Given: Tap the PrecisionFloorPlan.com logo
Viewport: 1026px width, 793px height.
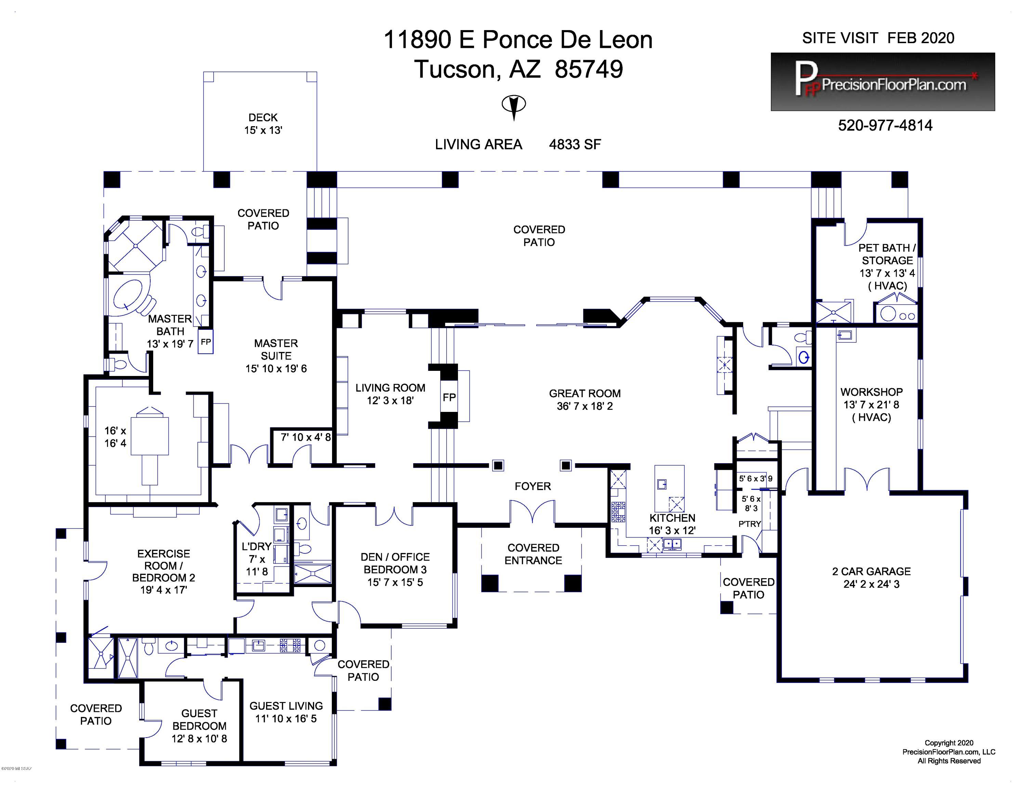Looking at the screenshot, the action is tap(883, 82).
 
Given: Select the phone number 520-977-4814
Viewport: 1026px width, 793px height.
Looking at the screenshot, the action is tap(885, 126).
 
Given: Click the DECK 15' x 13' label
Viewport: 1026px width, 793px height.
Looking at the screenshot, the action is tap(263, 123).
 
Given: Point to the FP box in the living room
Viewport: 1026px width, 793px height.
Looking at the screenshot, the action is tap(449, 398).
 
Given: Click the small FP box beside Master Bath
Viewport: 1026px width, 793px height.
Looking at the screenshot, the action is tap(206, 342).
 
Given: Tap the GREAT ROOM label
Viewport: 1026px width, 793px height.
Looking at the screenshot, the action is tap(585, 400).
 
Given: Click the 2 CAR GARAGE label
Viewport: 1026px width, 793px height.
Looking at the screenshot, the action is tap(871, 578).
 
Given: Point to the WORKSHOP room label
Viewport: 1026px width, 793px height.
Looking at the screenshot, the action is tap(871, 404).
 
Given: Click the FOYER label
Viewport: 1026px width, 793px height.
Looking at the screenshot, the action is tap(533, 486).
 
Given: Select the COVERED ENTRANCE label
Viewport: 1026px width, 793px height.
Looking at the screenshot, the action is tap(533, 554).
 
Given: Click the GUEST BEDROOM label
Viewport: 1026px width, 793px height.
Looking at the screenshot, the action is tap(199, 726).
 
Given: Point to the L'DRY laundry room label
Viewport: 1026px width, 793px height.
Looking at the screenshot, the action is tap(256, 559).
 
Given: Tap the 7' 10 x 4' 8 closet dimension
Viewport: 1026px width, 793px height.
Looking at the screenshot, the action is tap(306, 437).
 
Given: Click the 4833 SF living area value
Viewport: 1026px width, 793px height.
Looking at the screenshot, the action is tap(575, 144).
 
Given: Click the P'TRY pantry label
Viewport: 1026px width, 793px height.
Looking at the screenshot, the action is tap(749, 524).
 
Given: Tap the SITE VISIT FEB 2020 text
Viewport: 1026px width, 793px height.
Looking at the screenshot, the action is tap(878, 38).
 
